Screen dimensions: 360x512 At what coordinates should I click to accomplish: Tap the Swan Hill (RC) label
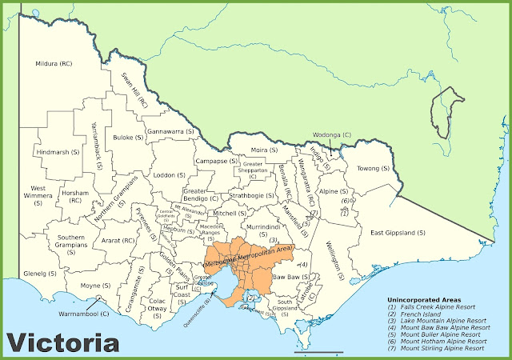[134, 90]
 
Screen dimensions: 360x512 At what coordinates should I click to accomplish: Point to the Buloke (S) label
[126, 138]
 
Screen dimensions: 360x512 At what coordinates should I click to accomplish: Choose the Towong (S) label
[372, 169]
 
